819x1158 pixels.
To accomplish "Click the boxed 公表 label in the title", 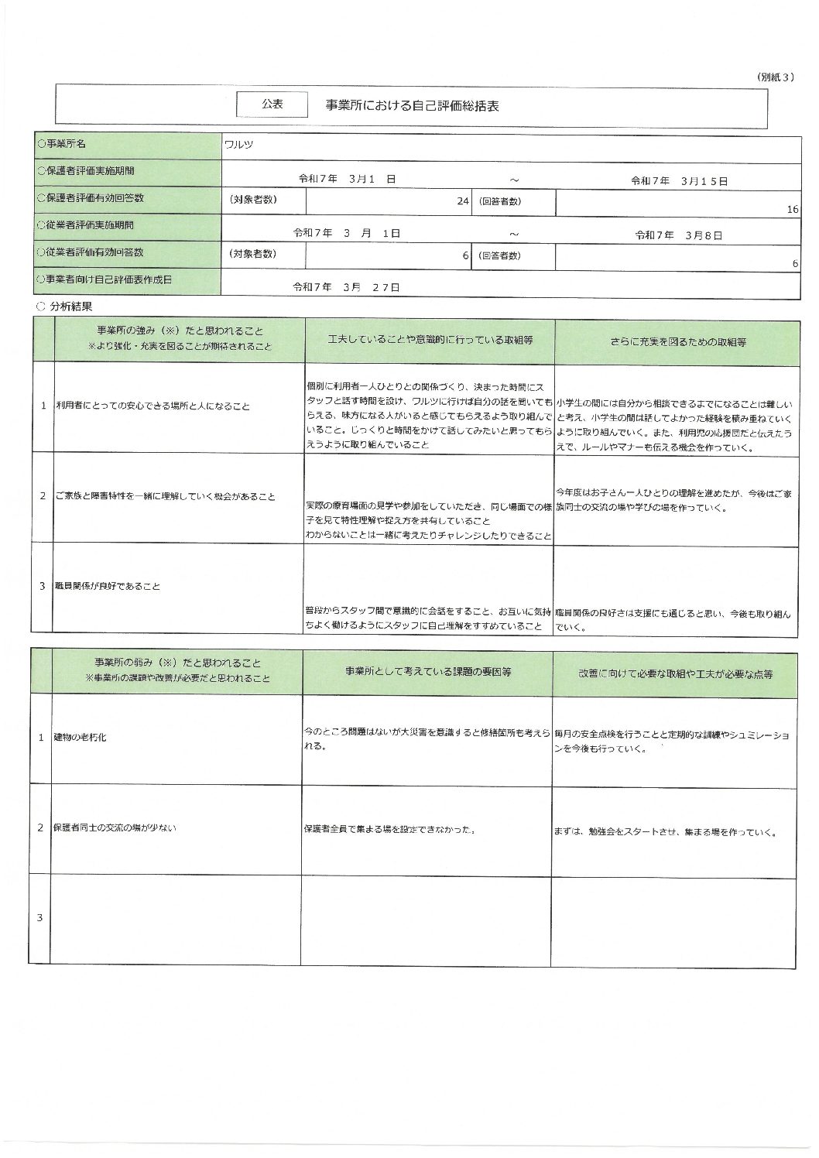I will click(272, 104).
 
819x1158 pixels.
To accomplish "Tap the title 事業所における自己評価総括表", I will click(412, 106).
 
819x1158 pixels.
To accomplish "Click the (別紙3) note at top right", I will click(774, 77).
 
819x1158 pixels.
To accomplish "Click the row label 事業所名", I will click(61, 144).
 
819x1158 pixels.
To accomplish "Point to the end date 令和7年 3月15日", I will click(679, 180).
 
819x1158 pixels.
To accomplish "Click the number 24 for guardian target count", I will click(463, 200).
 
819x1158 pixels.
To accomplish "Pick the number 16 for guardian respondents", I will click(792, 209).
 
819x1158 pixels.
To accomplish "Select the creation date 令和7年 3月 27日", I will click(346, 287).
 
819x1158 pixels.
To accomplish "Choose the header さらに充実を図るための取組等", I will click(678, 341).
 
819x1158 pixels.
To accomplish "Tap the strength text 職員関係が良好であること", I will click(108, 586).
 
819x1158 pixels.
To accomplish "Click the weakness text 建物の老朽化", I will click(81, 737).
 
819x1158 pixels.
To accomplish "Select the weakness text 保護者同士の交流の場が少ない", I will click(115, 827).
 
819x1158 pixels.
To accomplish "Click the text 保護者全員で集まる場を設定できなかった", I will click(389, 830).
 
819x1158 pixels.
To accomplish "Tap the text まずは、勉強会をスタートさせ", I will click(612, 834).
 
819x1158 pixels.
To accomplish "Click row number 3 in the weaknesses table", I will click(40, 918).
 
